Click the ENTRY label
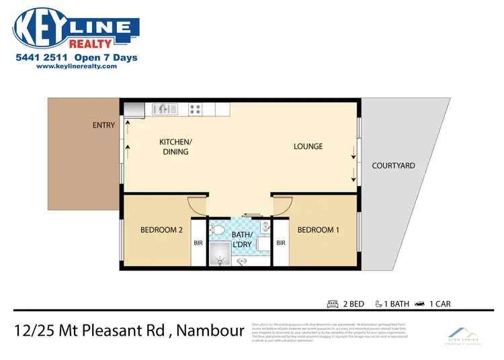104,125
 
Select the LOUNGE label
308,146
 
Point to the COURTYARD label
393,165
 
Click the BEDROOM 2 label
161,230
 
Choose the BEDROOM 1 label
318,230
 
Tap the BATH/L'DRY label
241,240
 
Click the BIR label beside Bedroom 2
198,243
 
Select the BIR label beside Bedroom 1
282,243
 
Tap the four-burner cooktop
196,108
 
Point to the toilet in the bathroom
218,230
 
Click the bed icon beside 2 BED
332,304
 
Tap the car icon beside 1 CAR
420,304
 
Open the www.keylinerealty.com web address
73,66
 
